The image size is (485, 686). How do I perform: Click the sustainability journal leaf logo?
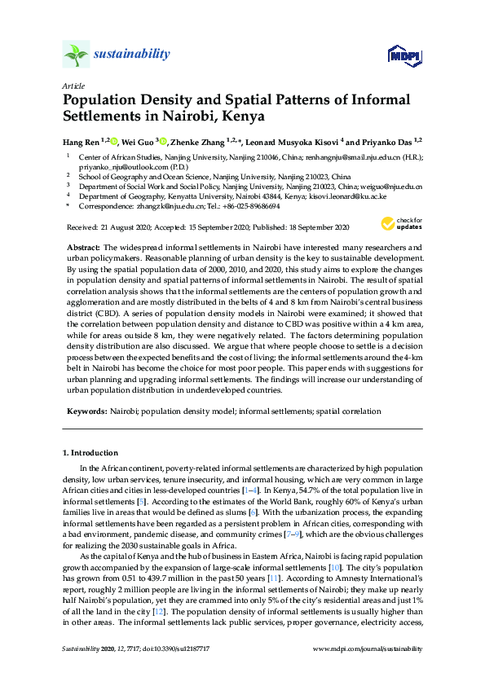pyautogui.click(x=76, y=55)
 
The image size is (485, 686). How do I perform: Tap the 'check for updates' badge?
pyautogui.click(x=401, y=225)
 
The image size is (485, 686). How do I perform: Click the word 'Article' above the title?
pyautogui.click(x=73, y=86)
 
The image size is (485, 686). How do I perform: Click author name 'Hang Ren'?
pyautogui.click(x=85, y=142)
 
